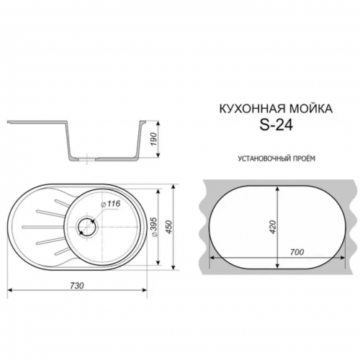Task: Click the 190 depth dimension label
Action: [x=154, y=139]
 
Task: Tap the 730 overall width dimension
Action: [x=77, y=286]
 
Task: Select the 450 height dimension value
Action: [x=169, y=228]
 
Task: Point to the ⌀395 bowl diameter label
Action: [x=154, y=228]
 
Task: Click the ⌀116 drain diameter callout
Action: [x=111, y=204]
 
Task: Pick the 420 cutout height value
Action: [x=273, y=228]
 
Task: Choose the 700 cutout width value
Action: [x=297, y=252]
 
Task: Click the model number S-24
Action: [x=276, y=125]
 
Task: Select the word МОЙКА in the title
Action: [x=310, y=109]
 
